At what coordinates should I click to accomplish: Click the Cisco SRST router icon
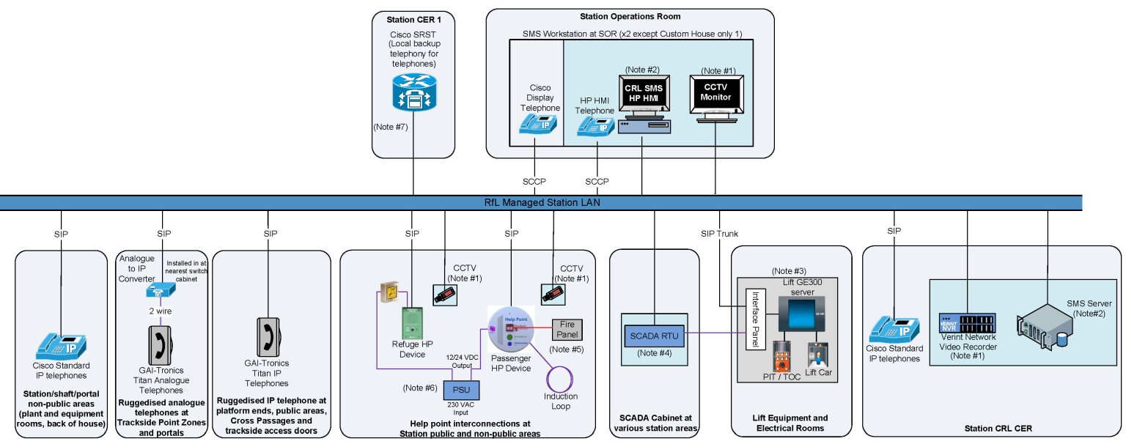click(414, 92)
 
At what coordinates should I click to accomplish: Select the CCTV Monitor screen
click(716, 93)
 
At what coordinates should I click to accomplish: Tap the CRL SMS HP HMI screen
click(642, 93)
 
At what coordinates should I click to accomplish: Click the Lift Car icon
click(820, 355)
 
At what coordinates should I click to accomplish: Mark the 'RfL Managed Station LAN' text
click(542, 203)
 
